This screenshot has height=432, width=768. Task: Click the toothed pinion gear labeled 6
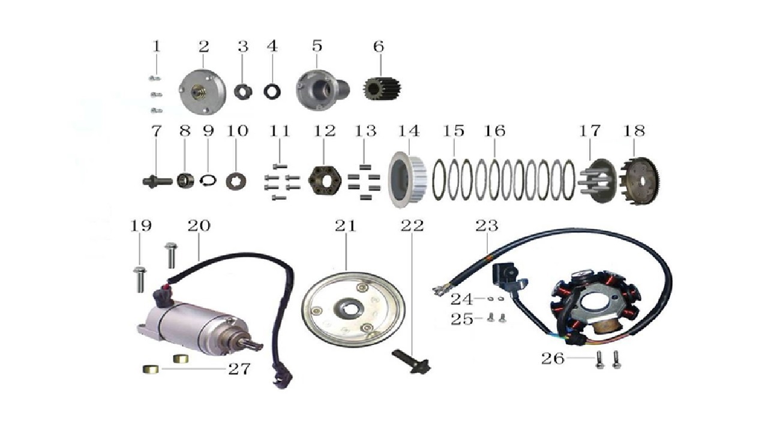click(x=382, y=88)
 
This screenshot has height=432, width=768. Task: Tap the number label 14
click(x=409, y=131)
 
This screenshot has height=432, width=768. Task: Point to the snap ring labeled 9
click(x=208, y=181)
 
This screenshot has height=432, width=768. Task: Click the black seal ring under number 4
click(x=272, y=92)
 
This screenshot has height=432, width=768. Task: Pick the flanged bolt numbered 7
click(x=157, y=181)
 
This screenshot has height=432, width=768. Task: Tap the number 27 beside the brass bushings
click(x=239, y=369)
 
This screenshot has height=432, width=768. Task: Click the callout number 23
click(x=487, y=226)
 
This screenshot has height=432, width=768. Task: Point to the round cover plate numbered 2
click(x=203, y=91)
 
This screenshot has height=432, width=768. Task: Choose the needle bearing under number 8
click(x=185, y=181)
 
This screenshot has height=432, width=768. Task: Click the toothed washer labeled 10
click(x=236, y=181)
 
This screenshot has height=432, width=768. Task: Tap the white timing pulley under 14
click(x=407, y=179)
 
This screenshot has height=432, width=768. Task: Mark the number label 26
click(x=553, y=359)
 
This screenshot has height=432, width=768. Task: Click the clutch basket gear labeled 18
click(x=640, y=181)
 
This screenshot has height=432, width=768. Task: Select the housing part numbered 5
click(x=322, y=90)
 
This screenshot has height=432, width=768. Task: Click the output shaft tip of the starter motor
click(x=257, y=346)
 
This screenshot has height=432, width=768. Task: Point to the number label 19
click(x=140, y=226)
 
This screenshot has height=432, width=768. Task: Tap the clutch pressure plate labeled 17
click(x=598, y=181)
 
